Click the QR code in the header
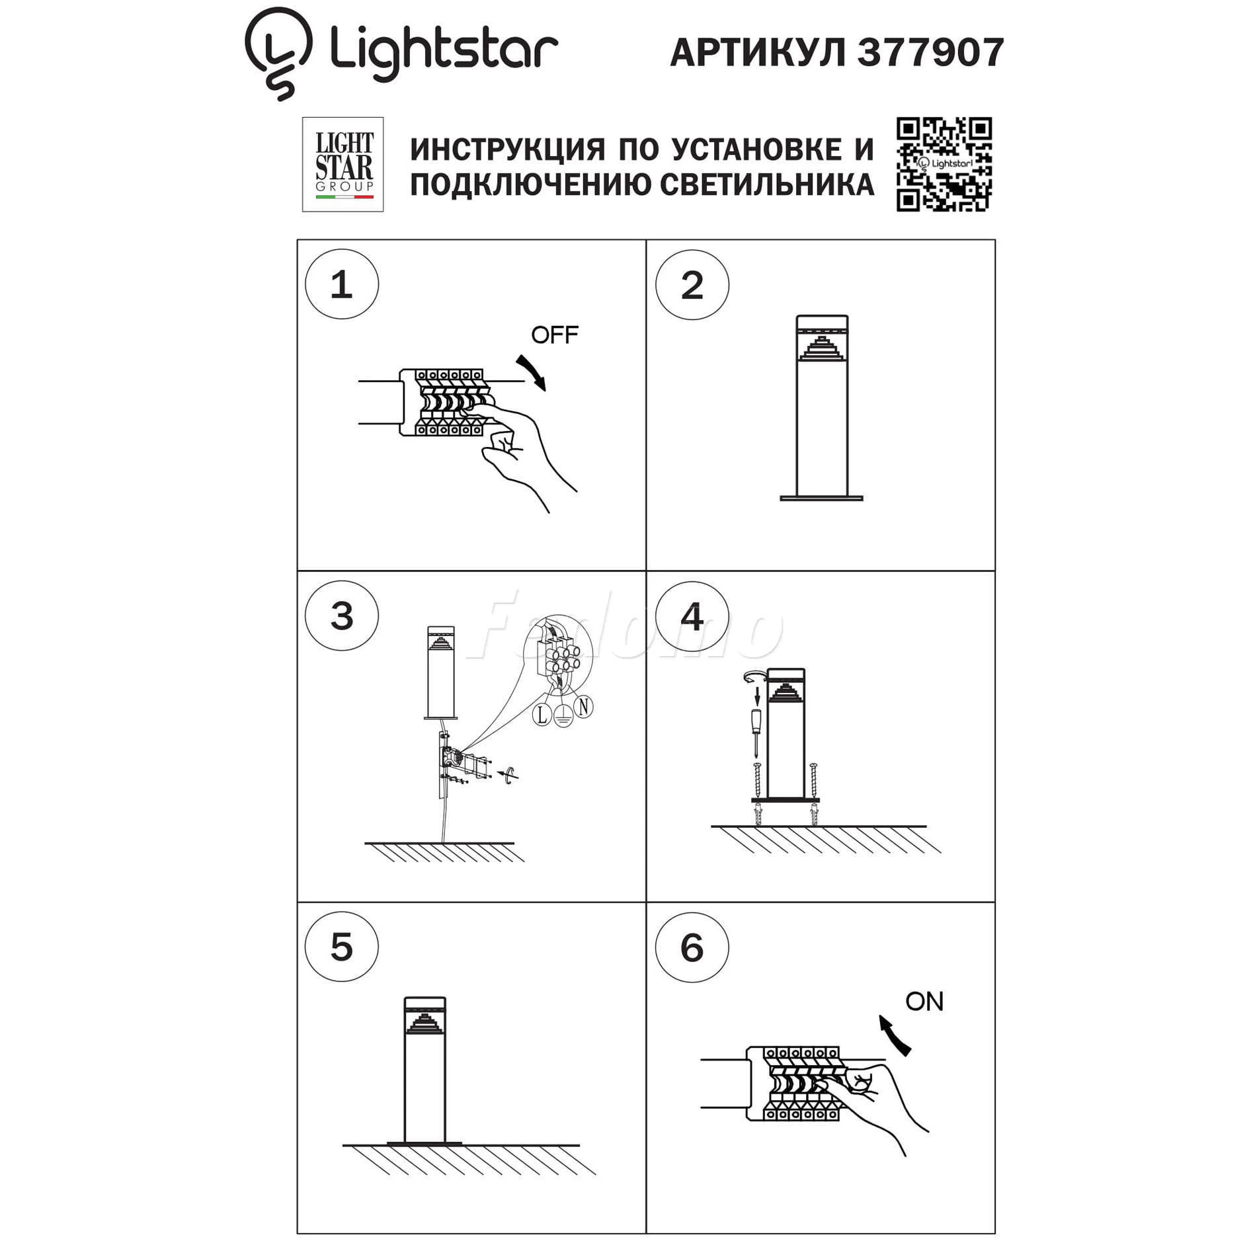coord(944,165)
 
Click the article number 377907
coord(930,52)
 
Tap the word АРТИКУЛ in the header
coord(758,53)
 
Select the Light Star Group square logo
coord(342,165)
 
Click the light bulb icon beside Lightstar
coord(278,53)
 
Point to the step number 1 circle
coord(342,284)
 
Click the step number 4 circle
coord(692,617)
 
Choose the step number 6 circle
coord(692,947)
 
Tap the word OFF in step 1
coord(555,335)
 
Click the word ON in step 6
coord(924,1002)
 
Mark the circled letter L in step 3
coord(542,714)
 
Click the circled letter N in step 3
coord(583,707)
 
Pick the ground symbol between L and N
coord(563,716)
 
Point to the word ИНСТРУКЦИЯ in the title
coord(507,149)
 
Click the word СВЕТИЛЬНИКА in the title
coord(768,184)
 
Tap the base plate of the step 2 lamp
coord(821,498)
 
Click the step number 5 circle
coord(342,947)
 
